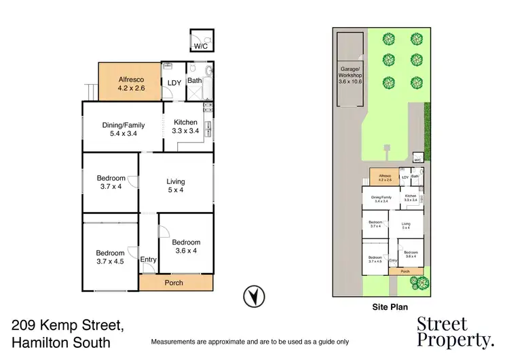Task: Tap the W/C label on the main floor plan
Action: [202, 46]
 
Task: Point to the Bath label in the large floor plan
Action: [194, 80]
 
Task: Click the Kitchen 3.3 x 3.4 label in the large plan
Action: [185, 126]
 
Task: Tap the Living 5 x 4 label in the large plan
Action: [176, 185]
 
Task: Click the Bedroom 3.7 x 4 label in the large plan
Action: [110, 182]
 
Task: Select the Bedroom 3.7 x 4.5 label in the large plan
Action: [110, 257]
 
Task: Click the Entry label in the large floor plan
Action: [148, 259]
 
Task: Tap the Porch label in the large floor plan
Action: [174, 283]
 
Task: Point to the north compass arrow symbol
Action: [254, 296]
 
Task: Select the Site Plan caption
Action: [390, 307]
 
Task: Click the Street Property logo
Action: [455, 331]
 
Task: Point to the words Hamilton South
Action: [61, 342]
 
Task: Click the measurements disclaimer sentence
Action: [250, 341]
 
